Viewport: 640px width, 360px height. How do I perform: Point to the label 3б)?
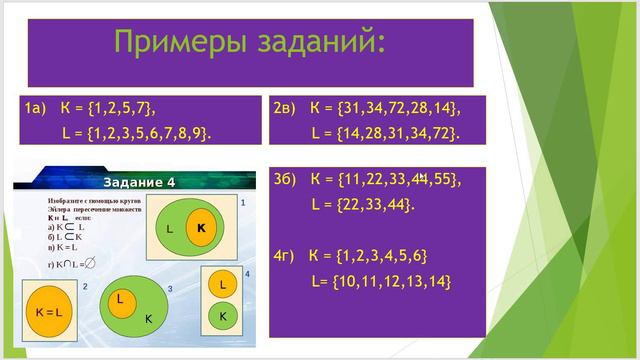[286, 180]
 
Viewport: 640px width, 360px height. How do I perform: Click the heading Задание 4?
[139, 181]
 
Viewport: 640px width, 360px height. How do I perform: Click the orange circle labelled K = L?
[49, 312]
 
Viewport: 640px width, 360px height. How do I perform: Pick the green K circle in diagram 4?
[223, 316]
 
